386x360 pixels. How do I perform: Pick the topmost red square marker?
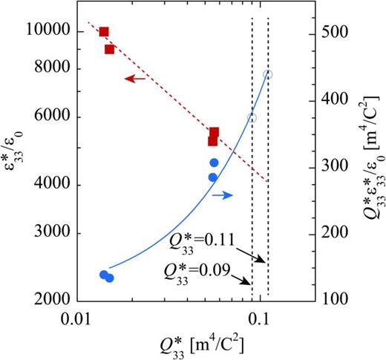(104, 32)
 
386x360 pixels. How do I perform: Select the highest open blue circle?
(268, 74)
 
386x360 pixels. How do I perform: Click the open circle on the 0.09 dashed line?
(252, 117)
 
